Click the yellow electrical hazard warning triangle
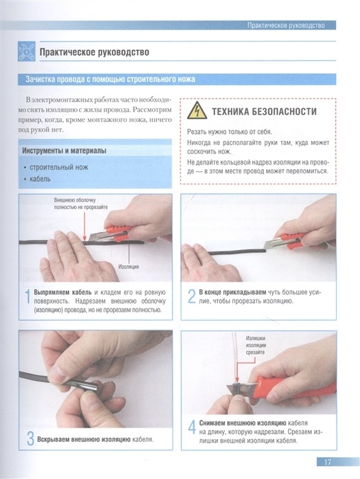(x=197, y=110)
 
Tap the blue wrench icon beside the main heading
(x=26, y=51)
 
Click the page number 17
(x=327, y=462)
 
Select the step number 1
(x=27, y=297)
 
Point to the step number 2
(x=191, y=296)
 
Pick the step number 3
(x=30, y=439)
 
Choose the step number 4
(x=191, y=427)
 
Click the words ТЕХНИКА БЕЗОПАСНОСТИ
(x=264, y=112)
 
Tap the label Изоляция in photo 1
(x=128, y=267)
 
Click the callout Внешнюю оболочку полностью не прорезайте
(x=81, y=204)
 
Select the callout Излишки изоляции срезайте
(x=256, y=345)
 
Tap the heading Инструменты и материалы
(x=64, y=151)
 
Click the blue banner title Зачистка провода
(x=110, y=79)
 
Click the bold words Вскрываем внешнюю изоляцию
(x=84, y=439)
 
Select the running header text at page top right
(x=286, y=25)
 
